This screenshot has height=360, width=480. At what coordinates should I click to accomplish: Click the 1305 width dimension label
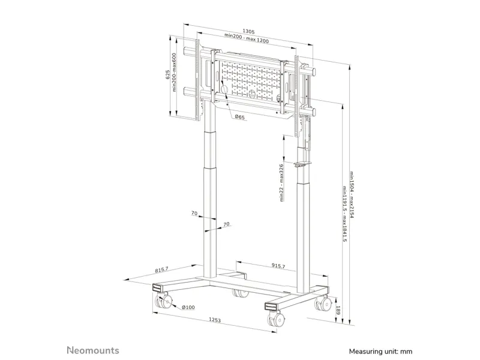click(248, 31)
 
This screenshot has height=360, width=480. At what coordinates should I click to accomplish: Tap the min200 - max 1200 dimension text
click(247, 38)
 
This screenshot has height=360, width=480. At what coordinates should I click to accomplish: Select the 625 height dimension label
click(167, 74)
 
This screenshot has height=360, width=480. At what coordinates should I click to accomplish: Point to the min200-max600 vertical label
click(174, 72)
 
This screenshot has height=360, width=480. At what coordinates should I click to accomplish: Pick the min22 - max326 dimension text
click(281, 183)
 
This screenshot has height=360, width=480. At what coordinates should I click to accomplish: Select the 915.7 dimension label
click(278, 266)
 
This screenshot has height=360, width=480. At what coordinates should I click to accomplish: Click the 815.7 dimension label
click(161, 269)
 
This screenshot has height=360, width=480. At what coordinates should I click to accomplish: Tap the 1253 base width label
click(215, 320)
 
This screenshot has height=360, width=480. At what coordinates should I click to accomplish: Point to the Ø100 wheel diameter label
click(188, 307)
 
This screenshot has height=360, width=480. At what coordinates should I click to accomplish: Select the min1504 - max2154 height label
click(352, 194)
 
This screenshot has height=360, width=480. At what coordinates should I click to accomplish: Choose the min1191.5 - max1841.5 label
click(344, 214)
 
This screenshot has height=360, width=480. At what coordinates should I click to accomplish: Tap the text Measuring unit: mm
click(380, 352)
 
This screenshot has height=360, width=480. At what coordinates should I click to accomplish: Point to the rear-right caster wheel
click(323, 303)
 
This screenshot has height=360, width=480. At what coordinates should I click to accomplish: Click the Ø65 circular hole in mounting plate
click(224, 89)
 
